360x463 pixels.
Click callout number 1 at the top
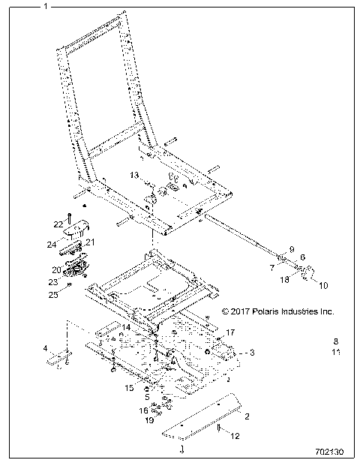pyautogui.click(x=46, y=6)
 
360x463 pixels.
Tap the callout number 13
pyautogui.click(x=134, y=174)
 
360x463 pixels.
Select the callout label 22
pyautogui.click(x=58, y=224)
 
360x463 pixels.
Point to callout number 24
pyautogui.click(x=52, y=245)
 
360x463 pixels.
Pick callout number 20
pyautogui.click(x=55, y=269)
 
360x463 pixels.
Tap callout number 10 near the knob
pyautogui.click(x=324, y=285)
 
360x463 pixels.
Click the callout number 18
pyautogui.click(x=284, y=278)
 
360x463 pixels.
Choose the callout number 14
pyautogui.click(x=127, y=328)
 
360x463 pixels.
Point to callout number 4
pyautogui.click(x=45, y=348)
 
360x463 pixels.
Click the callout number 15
pyautogui.click(x=130, y=387)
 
